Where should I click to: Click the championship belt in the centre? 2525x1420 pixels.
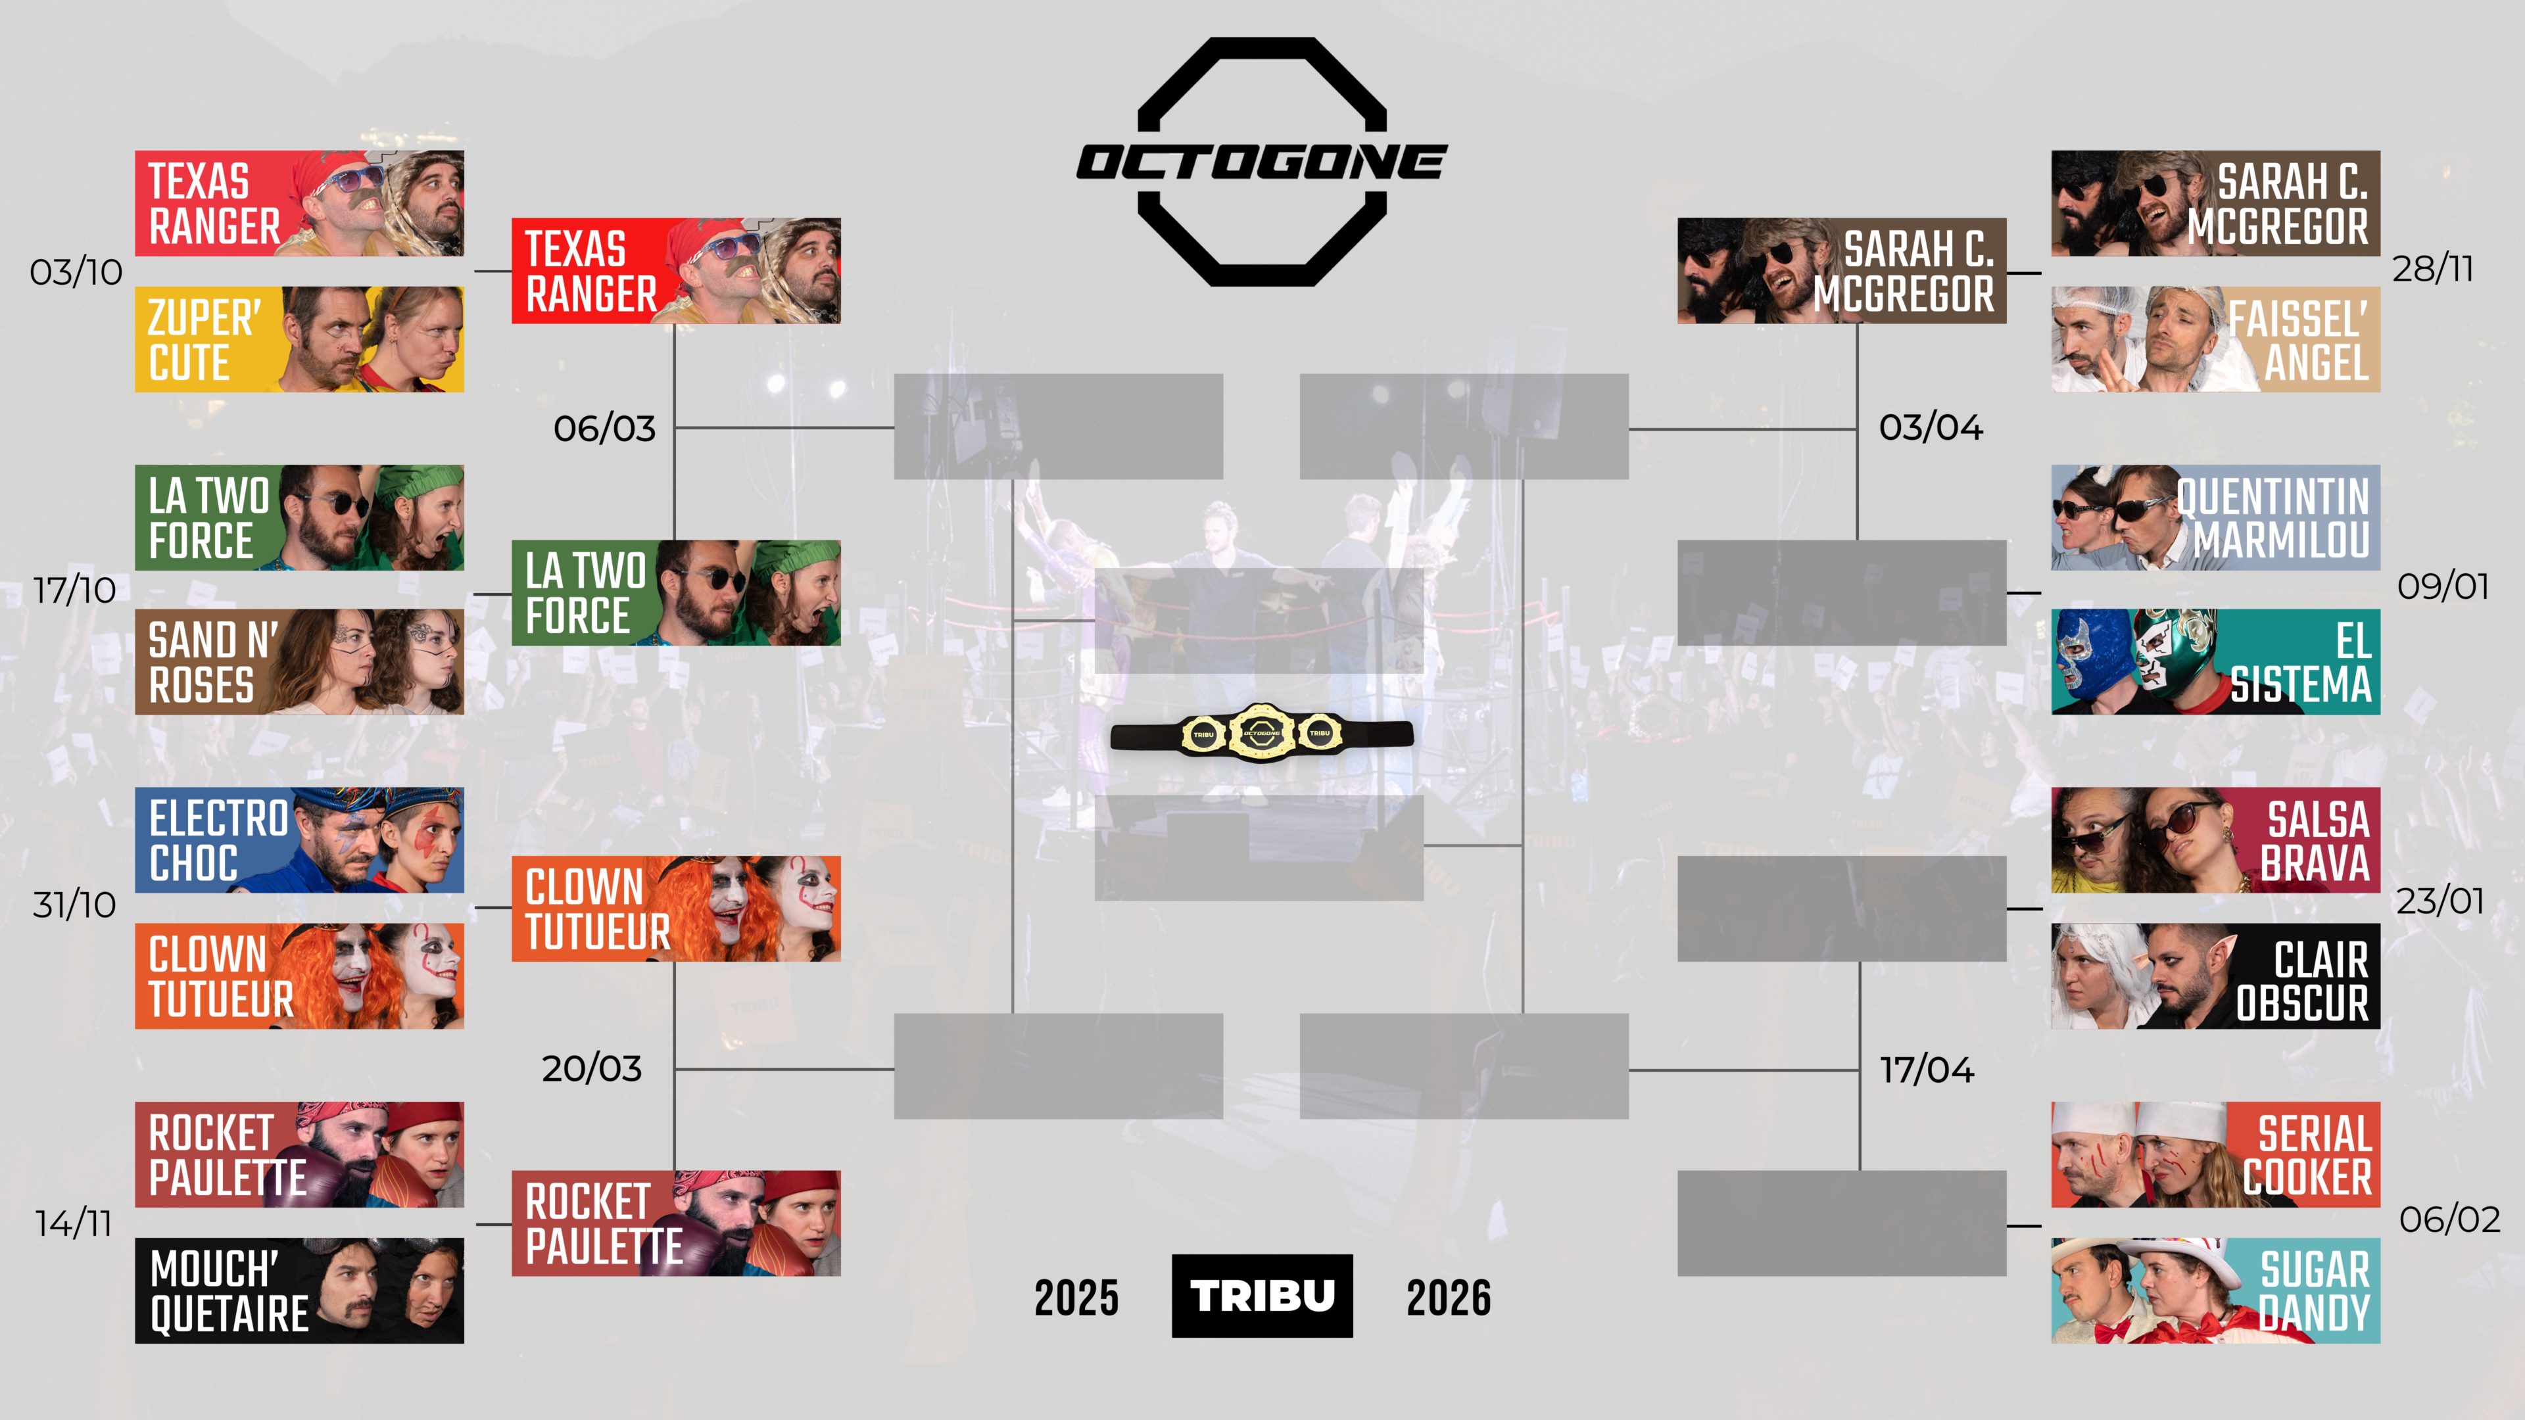coord(1262,732)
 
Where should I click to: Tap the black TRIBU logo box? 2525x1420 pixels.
coord(1262,1296)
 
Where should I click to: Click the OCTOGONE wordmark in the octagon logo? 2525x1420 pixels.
coord(1262,162)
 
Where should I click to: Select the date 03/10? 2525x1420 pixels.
coord(76,272)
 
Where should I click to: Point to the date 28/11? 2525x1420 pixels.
coord(2433,268)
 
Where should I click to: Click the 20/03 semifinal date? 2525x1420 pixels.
coord(592,1068)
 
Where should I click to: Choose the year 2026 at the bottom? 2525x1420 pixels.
coord(1449,1298)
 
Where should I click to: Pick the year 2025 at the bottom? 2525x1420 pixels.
coord(1076,1298)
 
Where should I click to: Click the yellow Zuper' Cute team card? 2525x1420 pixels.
coord(299,339)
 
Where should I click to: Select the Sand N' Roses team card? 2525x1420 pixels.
coord(299,661)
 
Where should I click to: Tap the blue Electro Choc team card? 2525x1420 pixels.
coord(299,840)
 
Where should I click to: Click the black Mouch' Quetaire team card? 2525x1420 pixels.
coord(299,1290)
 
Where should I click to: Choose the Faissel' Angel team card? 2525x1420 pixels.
coord(2215,339)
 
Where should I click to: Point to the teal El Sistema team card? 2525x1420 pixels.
coord(2215,661)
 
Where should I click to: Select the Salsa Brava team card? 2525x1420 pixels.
coord(2215,840)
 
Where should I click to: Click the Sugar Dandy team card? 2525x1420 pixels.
coord(2215,1290)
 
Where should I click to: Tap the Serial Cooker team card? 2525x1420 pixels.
coord(2215,1154)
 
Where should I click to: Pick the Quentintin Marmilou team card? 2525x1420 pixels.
coord(2215,517)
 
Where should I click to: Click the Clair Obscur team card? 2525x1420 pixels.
coord(2215,976)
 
